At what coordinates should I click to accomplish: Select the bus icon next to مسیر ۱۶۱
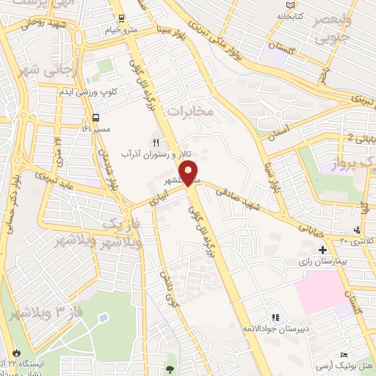(96, 117)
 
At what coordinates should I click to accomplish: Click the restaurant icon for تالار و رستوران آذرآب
(155, 142)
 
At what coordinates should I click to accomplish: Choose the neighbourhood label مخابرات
(190, 110)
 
